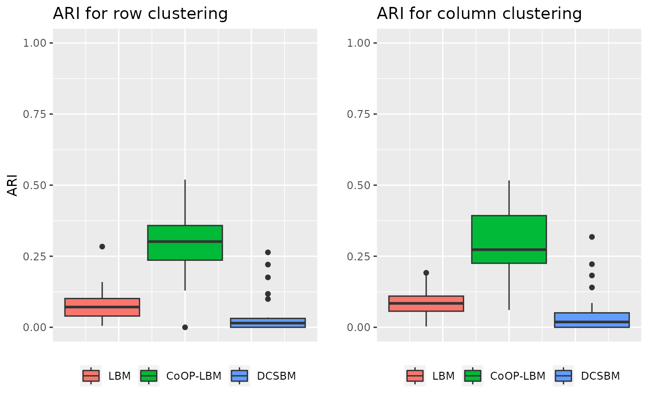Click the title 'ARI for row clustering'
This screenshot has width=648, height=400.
[x=140, y=14]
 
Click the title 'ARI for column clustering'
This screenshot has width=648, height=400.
[x=479, y=14]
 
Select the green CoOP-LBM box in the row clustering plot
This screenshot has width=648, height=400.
[x=185, y=243]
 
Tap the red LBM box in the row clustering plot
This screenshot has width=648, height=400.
[x=102, y=307]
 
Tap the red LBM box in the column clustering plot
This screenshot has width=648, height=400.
[x=426, y=303]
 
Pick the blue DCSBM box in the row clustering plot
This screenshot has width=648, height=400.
[x=268, y=323]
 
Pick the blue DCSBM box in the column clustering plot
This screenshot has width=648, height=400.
[x=592, y=320]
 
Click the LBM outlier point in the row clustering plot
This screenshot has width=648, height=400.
[x=102, y=246]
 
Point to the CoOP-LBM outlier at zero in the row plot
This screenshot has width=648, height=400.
[x=185, y=327]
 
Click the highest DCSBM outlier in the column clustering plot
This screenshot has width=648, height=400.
[x=592, y=237]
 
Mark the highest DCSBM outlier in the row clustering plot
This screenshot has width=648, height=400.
[x=268, y=252]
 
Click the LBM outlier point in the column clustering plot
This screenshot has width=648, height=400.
[x=426, y=273]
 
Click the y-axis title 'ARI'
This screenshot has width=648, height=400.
[x=14, y=185]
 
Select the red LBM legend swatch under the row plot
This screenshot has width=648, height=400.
[x=91, y=376]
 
